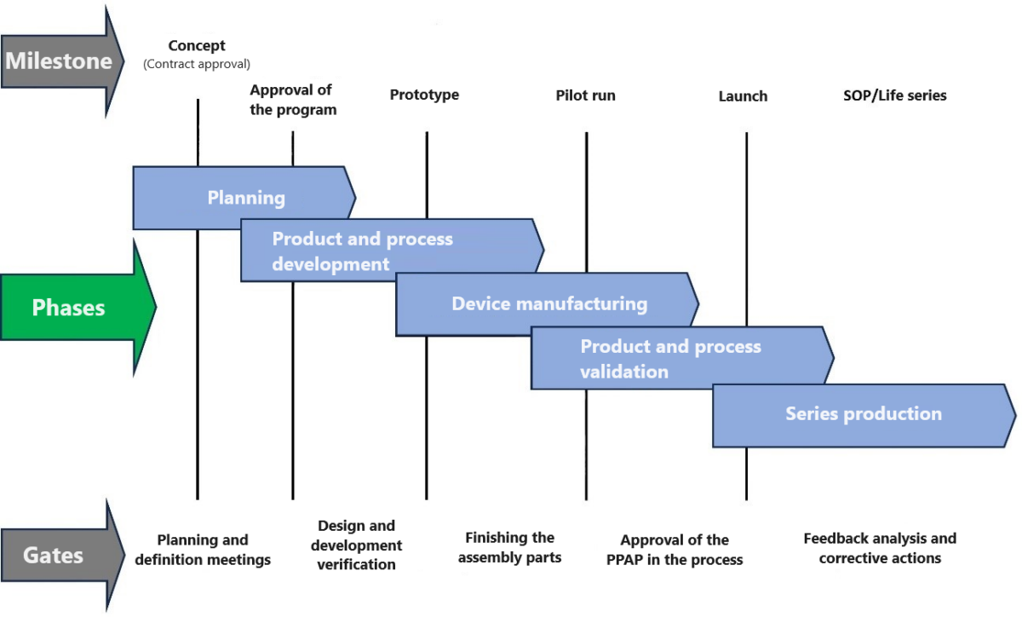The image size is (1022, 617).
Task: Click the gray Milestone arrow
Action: [x=60, y=61]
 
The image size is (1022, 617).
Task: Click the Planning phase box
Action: [x=245, y=198]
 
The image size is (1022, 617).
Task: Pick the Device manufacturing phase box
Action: [x=548, y=304]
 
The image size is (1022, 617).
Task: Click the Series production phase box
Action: [x=863, y=414]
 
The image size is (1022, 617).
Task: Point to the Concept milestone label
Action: [x=197, y=46]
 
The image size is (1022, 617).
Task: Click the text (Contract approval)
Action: [x=197, y=64]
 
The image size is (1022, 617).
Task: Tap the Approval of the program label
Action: [x=292, y=100]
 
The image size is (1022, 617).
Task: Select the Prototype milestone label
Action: [x=424, y=95]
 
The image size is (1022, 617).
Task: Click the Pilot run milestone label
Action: [x=585, y=95]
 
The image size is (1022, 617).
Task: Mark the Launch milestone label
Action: [x=743, y=96]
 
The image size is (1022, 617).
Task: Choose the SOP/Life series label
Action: [x=894, y=95]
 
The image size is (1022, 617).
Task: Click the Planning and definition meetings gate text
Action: [x=203, y=550]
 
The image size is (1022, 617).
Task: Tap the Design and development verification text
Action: [x=356, y=545]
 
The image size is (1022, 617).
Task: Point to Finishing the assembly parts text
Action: [x=509, y=547]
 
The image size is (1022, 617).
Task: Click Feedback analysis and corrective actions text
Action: [x=880, y=548]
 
